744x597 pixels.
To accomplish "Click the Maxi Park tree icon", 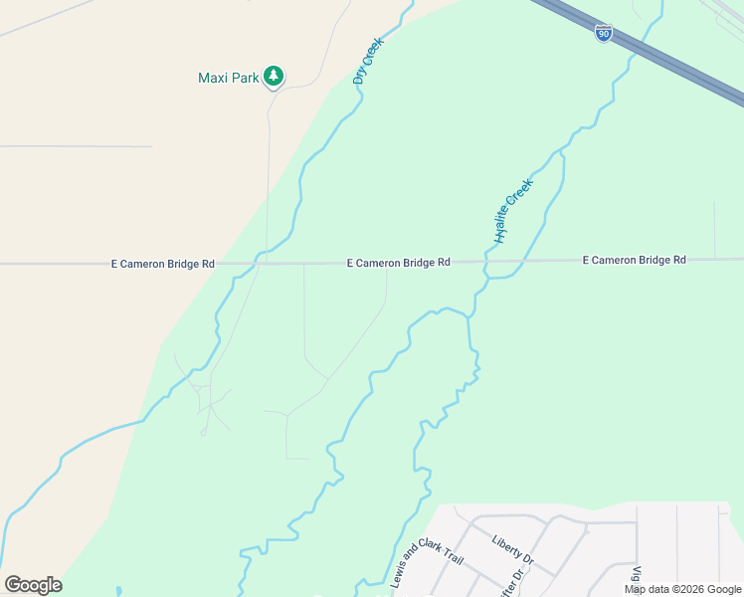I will click(x=274, y=77).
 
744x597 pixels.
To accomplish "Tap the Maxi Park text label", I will click(x=229, y=77).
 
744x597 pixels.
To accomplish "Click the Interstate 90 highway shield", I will click(x=604, y=33).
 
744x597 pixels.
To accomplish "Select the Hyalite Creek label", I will click(x=514, y=210).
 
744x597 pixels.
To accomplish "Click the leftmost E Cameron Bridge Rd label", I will click(x=162, y=264).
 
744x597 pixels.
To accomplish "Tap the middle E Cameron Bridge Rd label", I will click(x=398, y=263).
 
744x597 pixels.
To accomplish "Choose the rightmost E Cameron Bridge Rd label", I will click(x=634, y=260).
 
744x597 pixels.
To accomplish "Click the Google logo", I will click(x=33, y=585).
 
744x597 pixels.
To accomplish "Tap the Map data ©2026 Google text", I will click(x=683, y=589).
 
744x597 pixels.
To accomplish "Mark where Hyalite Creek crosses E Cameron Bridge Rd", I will click(x=486, y=262).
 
